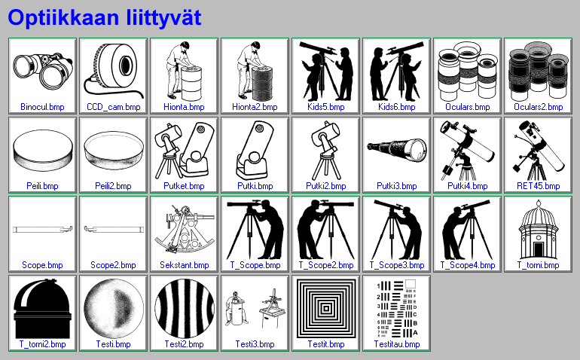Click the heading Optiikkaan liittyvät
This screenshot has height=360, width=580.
click(x=105, y=18)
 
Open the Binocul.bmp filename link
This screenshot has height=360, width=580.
click(x=42, y=107)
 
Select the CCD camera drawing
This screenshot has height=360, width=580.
click(x=114, y=70)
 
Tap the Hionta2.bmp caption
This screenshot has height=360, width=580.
click(x=255, y=107)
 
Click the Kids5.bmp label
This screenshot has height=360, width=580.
click(x=326, y=107)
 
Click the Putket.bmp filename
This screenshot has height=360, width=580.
click(x=185, y=186)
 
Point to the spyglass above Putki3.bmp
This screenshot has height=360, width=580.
click(x=396, y=148)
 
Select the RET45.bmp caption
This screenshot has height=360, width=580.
click(x=539, y=186)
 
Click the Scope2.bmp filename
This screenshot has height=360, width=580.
click(x=113, y=265)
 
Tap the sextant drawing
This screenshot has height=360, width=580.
click(x=185, y=229)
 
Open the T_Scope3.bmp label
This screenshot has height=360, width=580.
click(x=397, y=265)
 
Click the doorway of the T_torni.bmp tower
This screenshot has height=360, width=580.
click(x=539, y=250)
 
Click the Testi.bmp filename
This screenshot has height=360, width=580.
click(x=113, y=344)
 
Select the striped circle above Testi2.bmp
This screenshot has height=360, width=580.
click(x=185, y=309)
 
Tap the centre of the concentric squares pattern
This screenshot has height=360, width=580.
click(x=326, y=309)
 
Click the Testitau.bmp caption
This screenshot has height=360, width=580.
click(x=397, y=344)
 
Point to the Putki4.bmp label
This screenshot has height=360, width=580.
click(x=468, y=186)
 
